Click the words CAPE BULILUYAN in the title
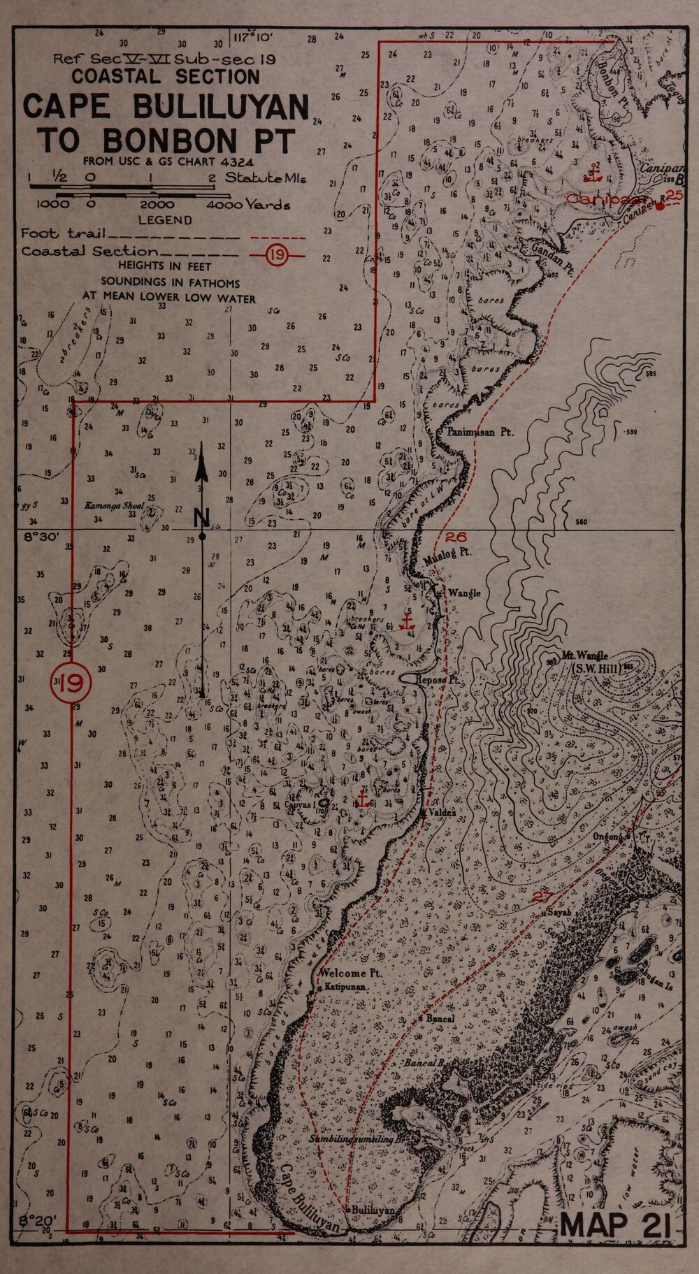coord(166,107)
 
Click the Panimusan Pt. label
coord(480,433)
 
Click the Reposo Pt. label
coord(437,679)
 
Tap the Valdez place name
coord(443,813)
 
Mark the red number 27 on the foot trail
coord(542,897)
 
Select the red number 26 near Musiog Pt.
coord(455,537)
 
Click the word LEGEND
coord(165,220)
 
